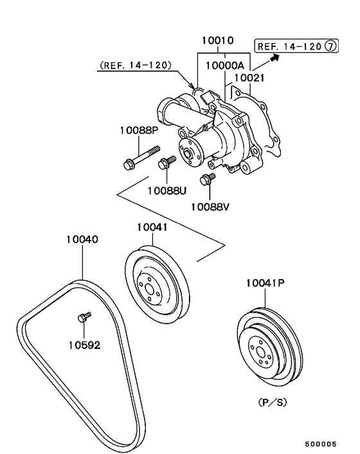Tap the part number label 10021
[x=249, y=78]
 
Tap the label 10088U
[x=167, y=190]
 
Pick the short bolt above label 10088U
[x=168, y=162]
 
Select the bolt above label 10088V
[x=208, y=179]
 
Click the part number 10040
[x=82, y=239]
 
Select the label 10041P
[x=264, y=282]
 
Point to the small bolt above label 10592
[x=83, y=316]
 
